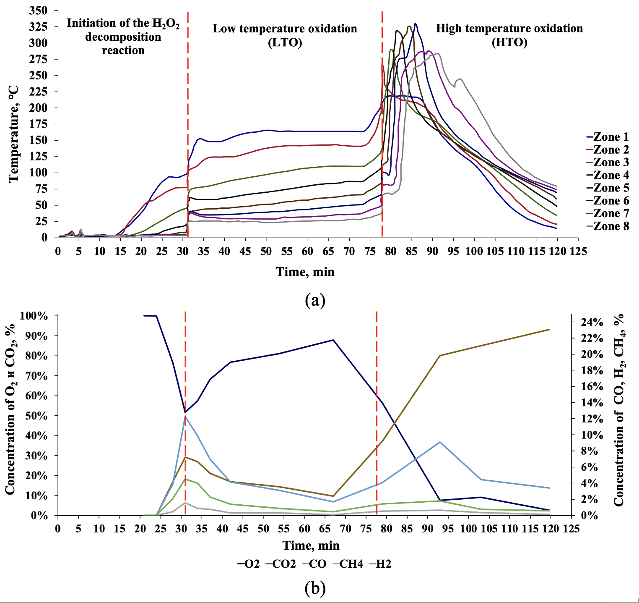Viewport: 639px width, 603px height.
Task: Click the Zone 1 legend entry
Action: tap(608, 137)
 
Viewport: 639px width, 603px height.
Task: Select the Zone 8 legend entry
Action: tap(608, 226)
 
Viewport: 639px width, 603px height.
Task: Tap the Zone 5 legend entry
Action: tap(608, 188)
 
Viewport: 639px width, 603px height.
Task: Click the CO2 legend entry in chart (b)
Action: tap(281, 564)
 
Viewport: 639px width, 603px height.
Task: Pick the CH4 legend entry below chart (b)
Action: tap(348, 564)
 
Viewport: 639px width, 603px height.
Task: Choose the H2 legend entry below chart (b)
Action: tap(380, 564)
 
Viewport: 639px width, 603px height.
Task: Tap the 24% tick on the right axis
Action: tap(592, 322)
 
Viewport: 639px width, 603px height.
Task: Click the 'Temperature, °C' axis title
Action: tap(14, 133)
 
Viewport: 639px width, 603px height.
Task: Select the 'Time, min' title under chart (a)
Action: tap(305, 272)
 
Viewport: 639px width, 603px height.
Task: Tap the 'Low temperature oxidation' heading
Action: tap(285, 29)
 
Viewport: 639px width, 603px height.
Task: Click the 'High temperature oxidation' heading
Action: tap(509, 29)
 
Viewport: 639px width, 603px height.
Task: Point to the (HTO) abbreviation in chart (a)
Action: tap(509, 42)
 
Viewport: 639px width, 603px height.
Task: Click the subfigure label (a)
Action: tap(315, 300)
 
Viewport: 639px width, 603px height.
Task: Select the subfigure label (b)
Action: tap(315, 588)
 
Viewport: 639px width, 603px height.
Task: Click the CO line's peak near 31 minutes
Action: tap(185, 416)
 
